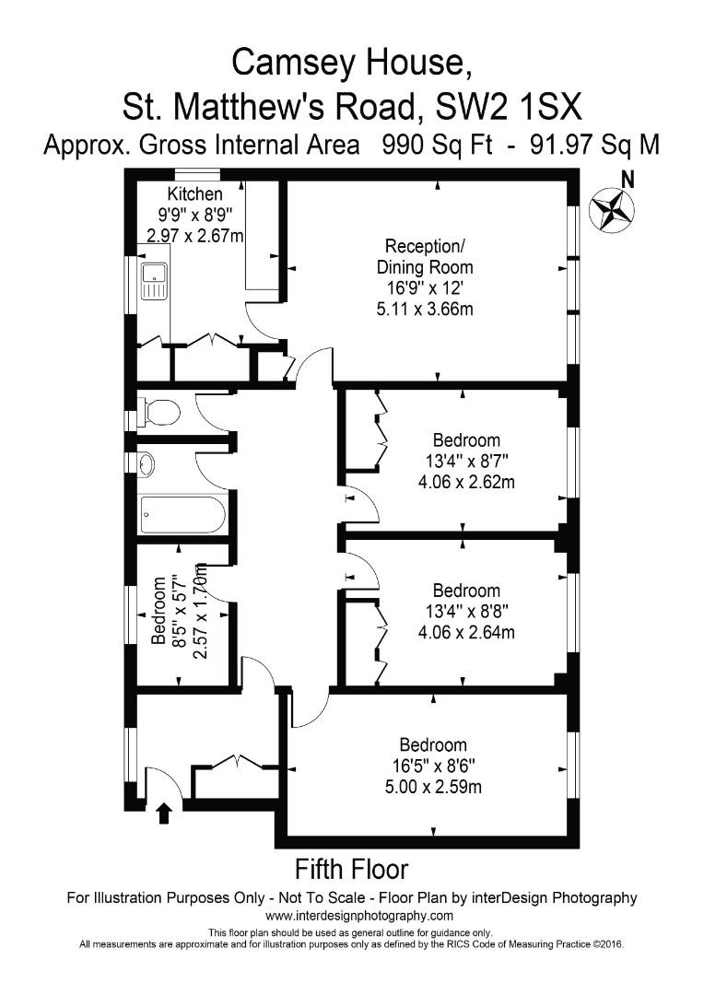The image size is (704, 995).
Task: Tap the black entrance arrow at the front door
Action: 164,813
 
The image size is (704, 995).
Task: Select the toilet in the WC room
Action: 160,412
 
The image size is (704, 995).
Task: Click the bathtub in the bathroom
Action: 182,515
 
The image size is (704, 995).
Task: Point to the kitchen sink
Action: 153,279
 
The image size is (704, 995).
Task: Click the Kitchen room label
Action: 194,194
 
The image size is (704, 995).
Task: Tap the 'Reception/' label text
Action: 425,247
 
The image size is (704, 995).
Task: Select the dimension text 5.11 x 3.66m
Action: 425,310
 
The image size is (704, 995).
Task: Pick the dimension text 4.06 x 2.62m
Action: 465,480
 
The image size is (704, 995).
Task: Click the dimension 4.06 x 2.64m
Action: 465,632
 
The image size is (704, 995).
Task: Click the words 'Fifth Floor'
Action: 351,868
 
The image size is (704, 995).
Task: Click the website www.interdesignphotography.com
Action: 359,916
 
